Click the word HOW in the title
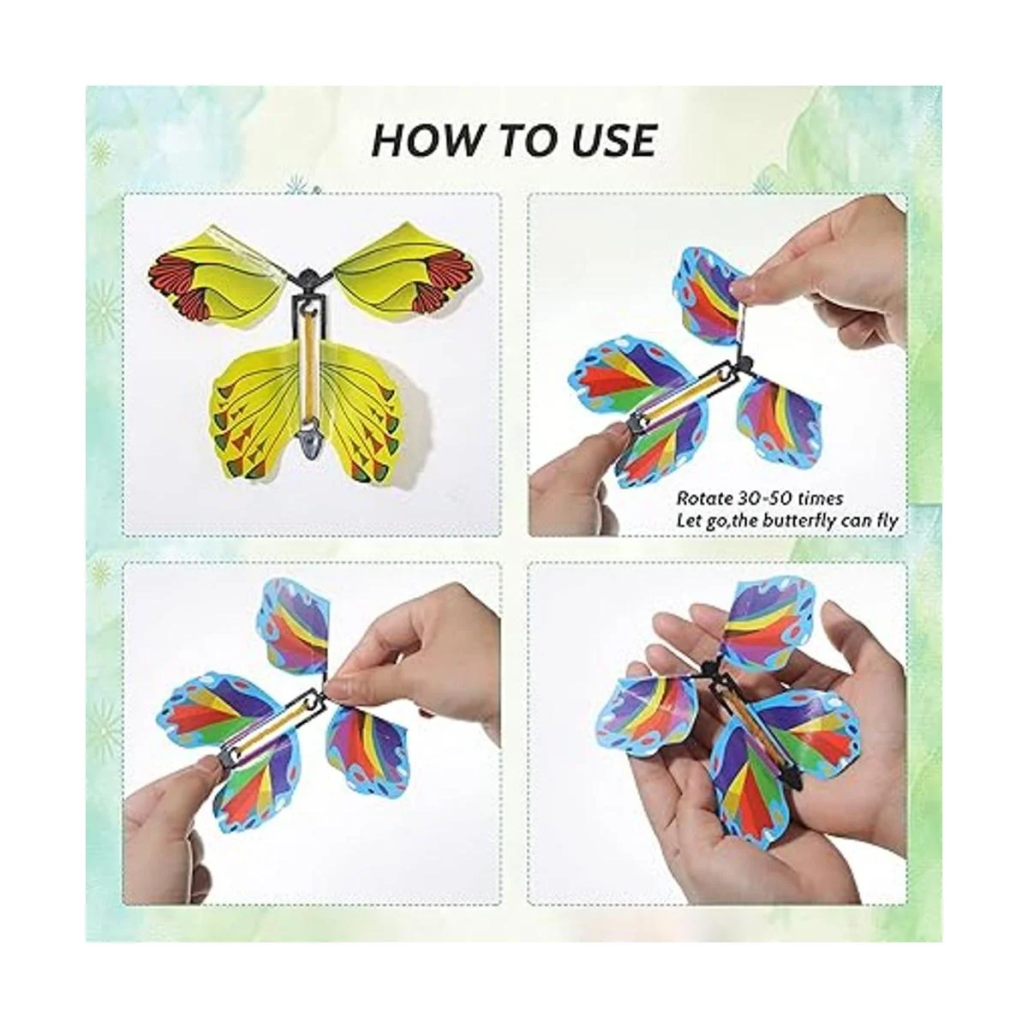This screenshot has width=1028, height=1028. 421,140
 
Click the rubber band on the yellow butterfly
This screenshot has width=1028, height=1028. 308,362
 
